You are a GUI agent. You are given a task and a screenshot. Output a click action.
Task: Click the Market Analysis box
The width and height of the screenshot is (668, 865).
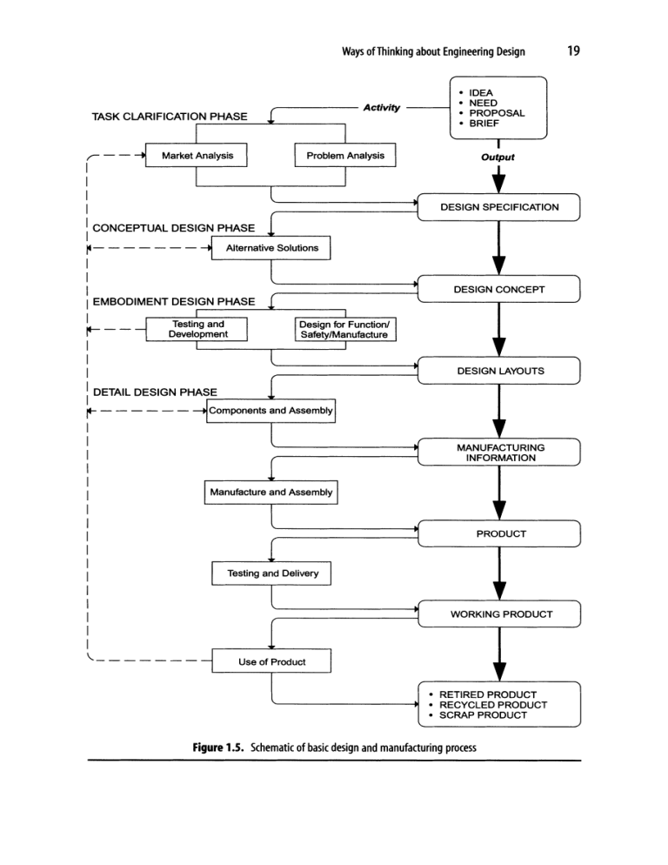[197, 156]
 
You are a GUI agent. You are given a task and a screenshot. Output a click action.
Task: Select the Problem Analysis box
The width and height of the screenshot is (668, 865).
[345, 156]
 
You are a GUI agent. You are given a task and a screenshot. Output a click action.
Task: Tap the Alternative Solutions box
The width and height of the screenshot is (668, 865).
[271, 248]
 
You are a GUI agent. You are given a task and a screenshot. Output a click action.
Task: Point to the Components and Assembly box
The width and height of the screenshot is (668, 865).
[271, 410]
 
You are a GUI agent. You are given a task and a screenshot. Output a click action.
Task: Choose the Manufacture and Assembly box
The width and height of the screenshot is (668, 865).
[271, 492]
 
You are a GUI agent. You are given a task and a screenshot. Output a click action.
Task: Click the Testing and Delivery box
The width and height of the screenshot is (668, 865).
[271, 573]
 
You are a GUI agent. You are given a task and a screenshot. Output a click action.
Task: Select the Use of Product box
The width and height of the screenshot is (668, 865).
[271, 661]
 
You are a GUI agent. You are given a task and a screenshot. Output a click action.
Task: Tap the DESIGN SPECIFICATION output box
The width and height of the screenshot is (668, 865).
[499, 207]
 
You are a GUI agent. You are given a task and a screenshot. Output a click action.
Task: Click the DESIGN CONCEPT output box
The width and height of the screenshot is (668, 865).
[499, 289]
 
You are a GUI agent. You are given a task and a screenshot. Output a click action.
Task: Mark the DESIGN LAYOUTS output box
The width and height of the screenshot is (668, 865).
[499, 371]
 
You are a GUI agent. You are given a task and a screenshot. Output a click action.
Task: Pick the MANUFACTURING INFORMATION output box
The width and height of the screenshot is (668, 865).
[499, 452]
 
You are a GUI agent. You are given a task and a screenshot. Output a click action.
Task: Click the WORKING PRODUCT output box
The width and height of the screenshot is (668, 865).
[499, 614]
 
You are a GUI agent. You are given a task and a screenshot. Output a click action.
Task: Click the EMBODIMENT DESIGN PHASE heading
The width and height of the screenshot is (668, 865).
[174, 301]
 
